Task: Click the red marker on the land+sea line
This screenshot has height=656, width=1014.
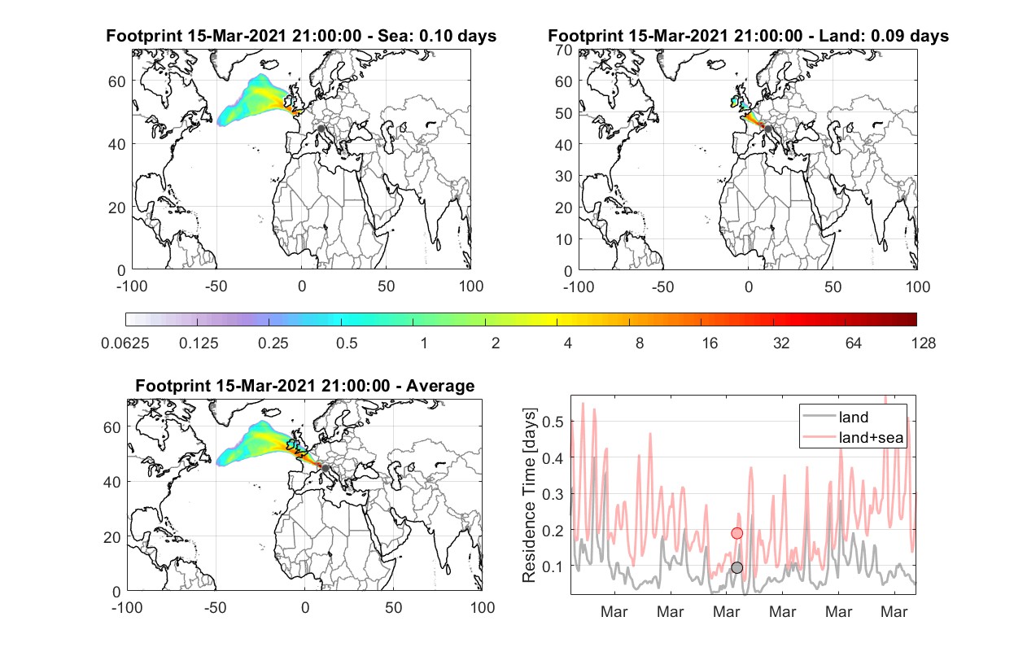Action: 737,533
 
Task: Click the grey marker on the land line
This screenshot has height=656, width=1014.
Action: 737,567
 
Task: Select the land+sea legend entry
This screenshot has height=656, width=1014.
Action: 853,437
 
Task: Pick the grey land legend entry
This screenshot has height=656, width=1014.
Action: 836,417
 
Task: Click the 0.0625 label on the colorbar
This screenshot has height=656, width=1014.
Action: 125,343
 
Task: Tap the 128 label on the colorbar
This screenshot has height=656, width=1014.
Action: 923,343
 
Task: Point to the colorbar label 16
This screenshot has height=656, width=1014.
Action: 710,343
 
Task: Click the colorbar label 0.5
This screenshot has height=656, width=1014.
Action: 347,343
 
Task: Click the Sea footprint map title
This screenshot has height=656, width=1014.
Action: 301,36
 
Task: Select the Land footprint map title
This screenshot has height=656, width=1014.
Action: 748,36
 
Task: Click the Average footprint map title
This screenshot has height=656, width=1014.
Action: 304,386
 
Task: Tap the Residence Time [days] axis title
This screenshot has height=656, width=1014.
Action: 529,495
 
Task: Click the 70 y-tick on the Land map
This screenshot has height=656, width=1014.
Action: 563,50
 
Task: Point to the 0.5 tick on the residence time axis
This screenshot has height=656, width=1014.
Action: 553,422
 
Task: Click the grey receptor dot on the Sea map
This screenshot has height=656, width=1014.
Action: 321,129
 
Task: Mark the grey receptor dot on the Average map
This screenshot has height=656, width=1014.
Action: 325,468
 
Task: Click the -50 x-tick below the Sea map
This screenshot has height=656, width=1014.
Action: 216,286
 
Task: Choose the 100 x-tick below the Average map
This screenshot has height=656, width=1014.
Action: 482,607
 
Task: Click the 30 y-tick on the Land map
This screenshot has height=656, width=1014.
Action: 563,176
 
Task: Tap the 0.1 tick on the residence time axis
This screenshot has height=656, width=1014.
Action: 553,566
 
